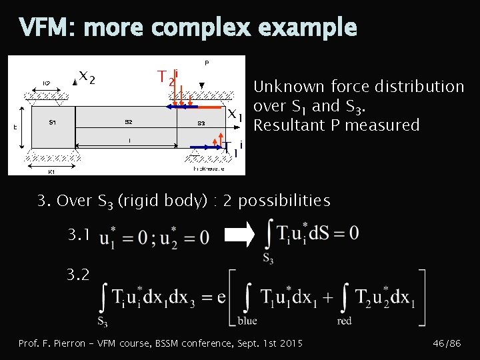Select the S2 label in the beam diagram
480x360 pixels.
pos(129,123)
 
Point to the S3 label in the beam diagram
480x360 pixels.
pos(201,123)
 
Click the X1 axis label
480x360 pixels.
pos(235,115)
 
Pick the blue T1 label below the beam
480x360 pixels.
pos(229,149)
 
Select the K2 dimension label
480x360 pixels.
pos(47,83)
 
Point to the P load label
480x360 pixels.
pos(207,63)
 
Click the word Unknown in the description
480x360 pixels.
pos(285,87)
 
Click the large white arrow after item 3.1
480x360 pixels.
pos(239,234)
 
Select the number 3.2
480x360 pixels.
pos(77,273)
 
